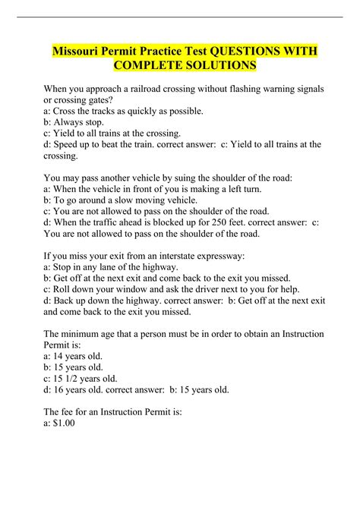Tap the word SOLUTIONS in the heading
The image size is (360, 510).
click(226, 67)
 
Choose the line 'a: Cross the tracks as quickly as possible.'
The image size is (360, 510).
click(124, 111)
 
